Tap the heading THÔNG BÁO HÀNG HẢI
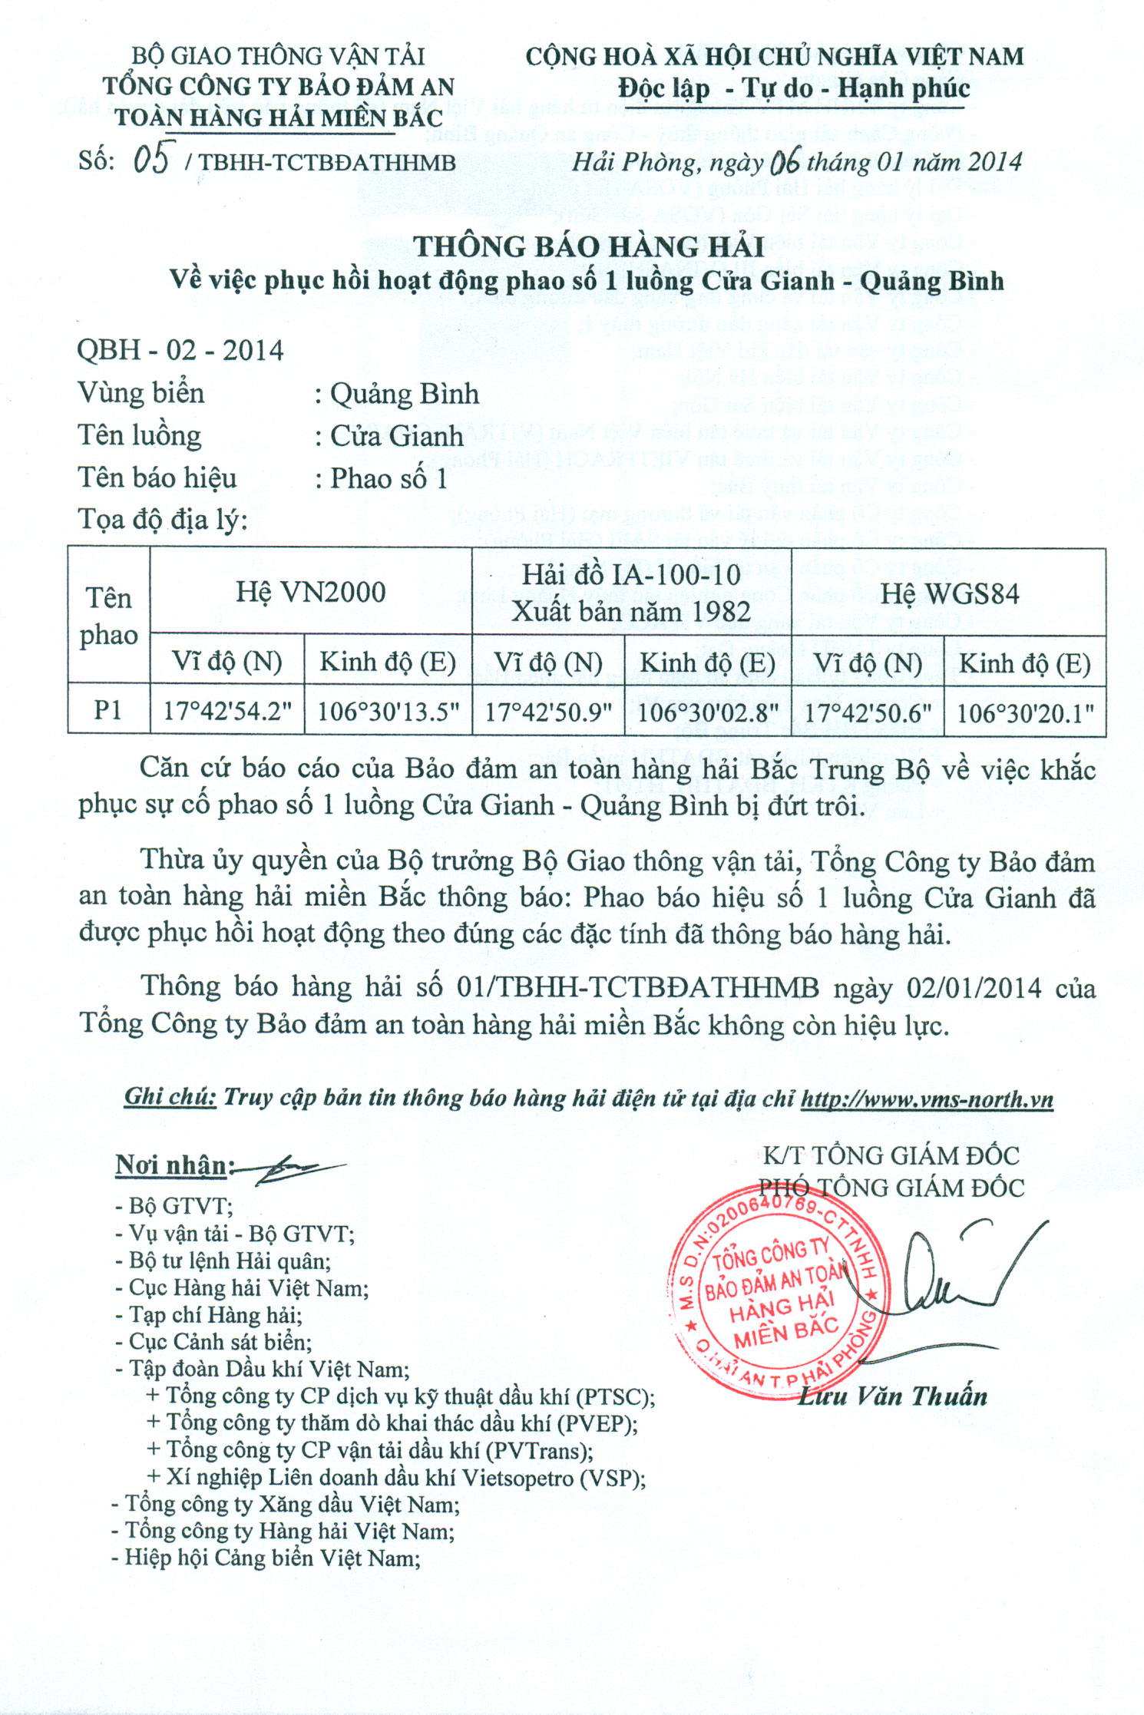click(589, 246)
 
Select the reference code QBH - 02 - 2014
click(180, 351)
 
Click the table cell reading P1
click(108, 711)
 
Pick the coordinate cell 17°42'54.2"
click(227, 712)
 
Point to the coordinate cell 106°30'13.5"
click(388, 712)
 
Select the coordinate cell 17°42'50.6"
click(868, 713)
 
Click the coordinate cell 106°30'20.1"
click(1025, 714)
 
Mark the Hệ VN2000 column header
click(310, 593)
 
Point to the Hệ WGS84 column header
click(949, 594)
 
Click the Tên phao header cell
click(108, 616)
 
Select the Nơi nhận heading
click(171, 1165)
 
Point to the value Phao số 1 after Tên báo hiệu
click(388, 479)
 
